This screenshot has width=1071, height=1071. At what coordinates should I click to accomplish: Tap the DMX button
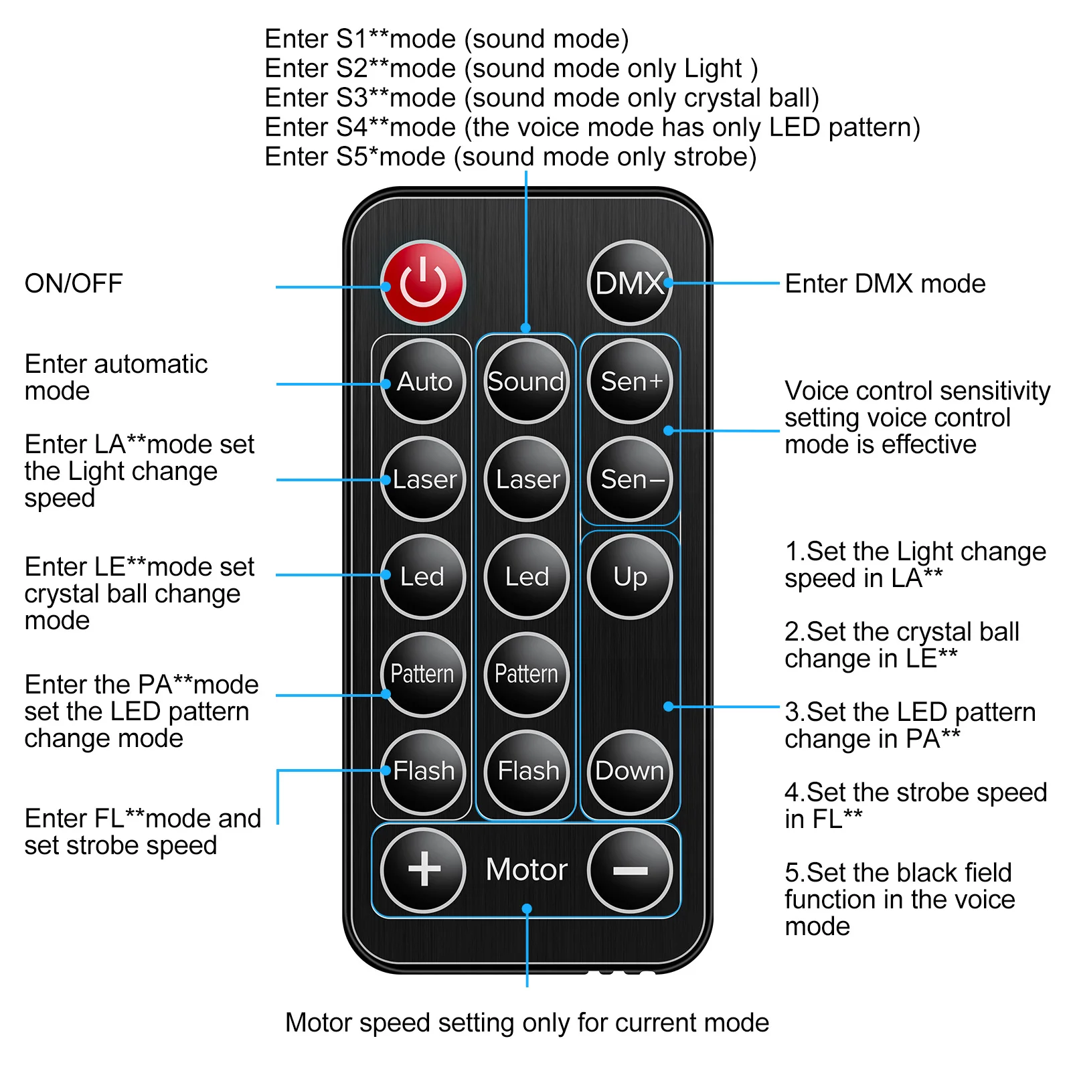point(629,283)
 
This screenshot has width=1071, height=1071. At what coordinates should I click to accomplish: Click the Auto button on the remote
point(423,382)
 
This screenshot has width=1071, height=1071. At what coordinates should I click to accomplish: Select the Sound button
point(526,382)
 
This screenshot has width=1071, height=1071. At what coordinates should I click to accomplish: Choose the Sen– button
point(630,479)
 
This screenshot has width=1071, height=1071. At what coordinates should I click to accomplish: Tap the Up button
point(630,576)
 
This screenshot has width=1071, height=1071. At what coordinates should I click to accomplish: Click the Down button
point(630,771)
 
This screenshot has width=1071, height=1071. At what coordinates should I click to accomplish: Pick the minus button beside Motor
point(630,870)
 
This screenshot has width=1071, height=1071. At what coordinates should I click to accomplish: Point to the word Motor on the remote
point(526,870)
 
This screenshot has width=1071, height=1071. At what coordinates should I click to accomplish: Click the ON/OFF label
point(74,284)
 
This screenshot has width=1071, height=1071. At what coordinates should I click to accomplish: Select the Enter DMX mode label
point(885,284)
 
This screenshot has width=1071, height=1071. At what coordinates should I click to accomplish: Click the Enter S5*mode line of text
point(510,157)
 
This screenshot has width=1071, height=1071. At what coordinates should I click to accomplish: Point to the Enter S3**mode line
point(542,98)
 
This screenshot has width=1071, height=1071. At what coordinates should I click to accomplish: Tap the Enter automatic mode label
point(116,378)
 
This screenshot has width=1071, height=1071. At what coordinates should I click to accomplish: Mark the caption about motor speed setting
point(527,1023)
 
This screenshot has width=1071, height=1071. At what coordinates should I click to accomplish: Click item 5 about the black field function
point(899,900)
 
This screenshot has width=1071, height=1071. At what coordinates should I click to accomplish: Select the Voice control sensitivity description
point(916,418)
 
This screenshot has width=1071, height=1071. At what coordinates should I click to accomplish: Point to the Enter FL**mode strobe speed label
point(142,832)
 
